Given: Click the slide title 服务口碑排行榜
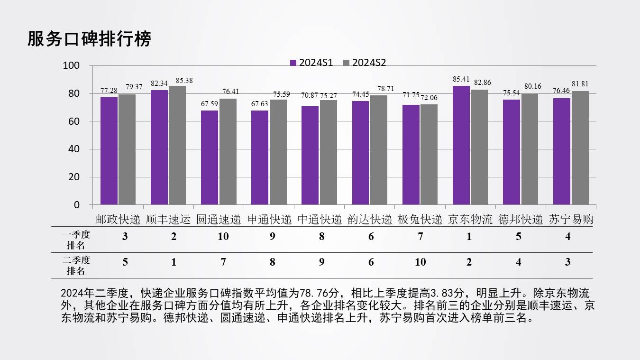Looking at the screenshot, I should point(89,39).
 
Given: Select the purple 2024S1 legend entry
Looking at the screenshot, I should point(311,63).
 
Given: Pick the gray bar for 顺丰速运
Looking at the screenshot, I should point(177,145).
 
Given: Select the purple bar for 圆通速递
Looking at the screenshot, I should point(210,157).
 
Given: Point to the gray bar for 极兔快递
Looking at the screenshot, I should point(429,155).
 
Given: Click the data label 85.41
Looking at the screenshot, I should point(461,79).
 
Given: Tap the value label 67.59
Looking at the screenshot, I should point(210,104).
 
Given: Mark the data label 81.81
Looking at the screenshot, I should point(580,84).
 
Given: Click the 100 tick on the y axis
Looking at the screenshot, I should point(71,66).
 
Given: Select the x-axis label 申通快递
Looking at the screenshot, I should point(269,220).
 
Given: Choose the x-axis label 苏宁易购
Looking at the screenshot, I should point(571,220).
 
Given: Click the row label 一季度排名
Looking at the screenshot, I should point(76,240).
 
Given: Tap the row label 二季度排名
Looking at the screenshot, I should point(76,266).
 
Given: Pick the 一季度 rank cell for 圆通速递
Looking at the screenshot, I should point(223,237).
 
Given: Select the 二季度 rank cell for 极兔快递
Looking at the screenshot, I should point(420,262).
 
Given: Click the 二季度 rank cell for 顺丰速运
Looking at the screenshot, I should point(174,262).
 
